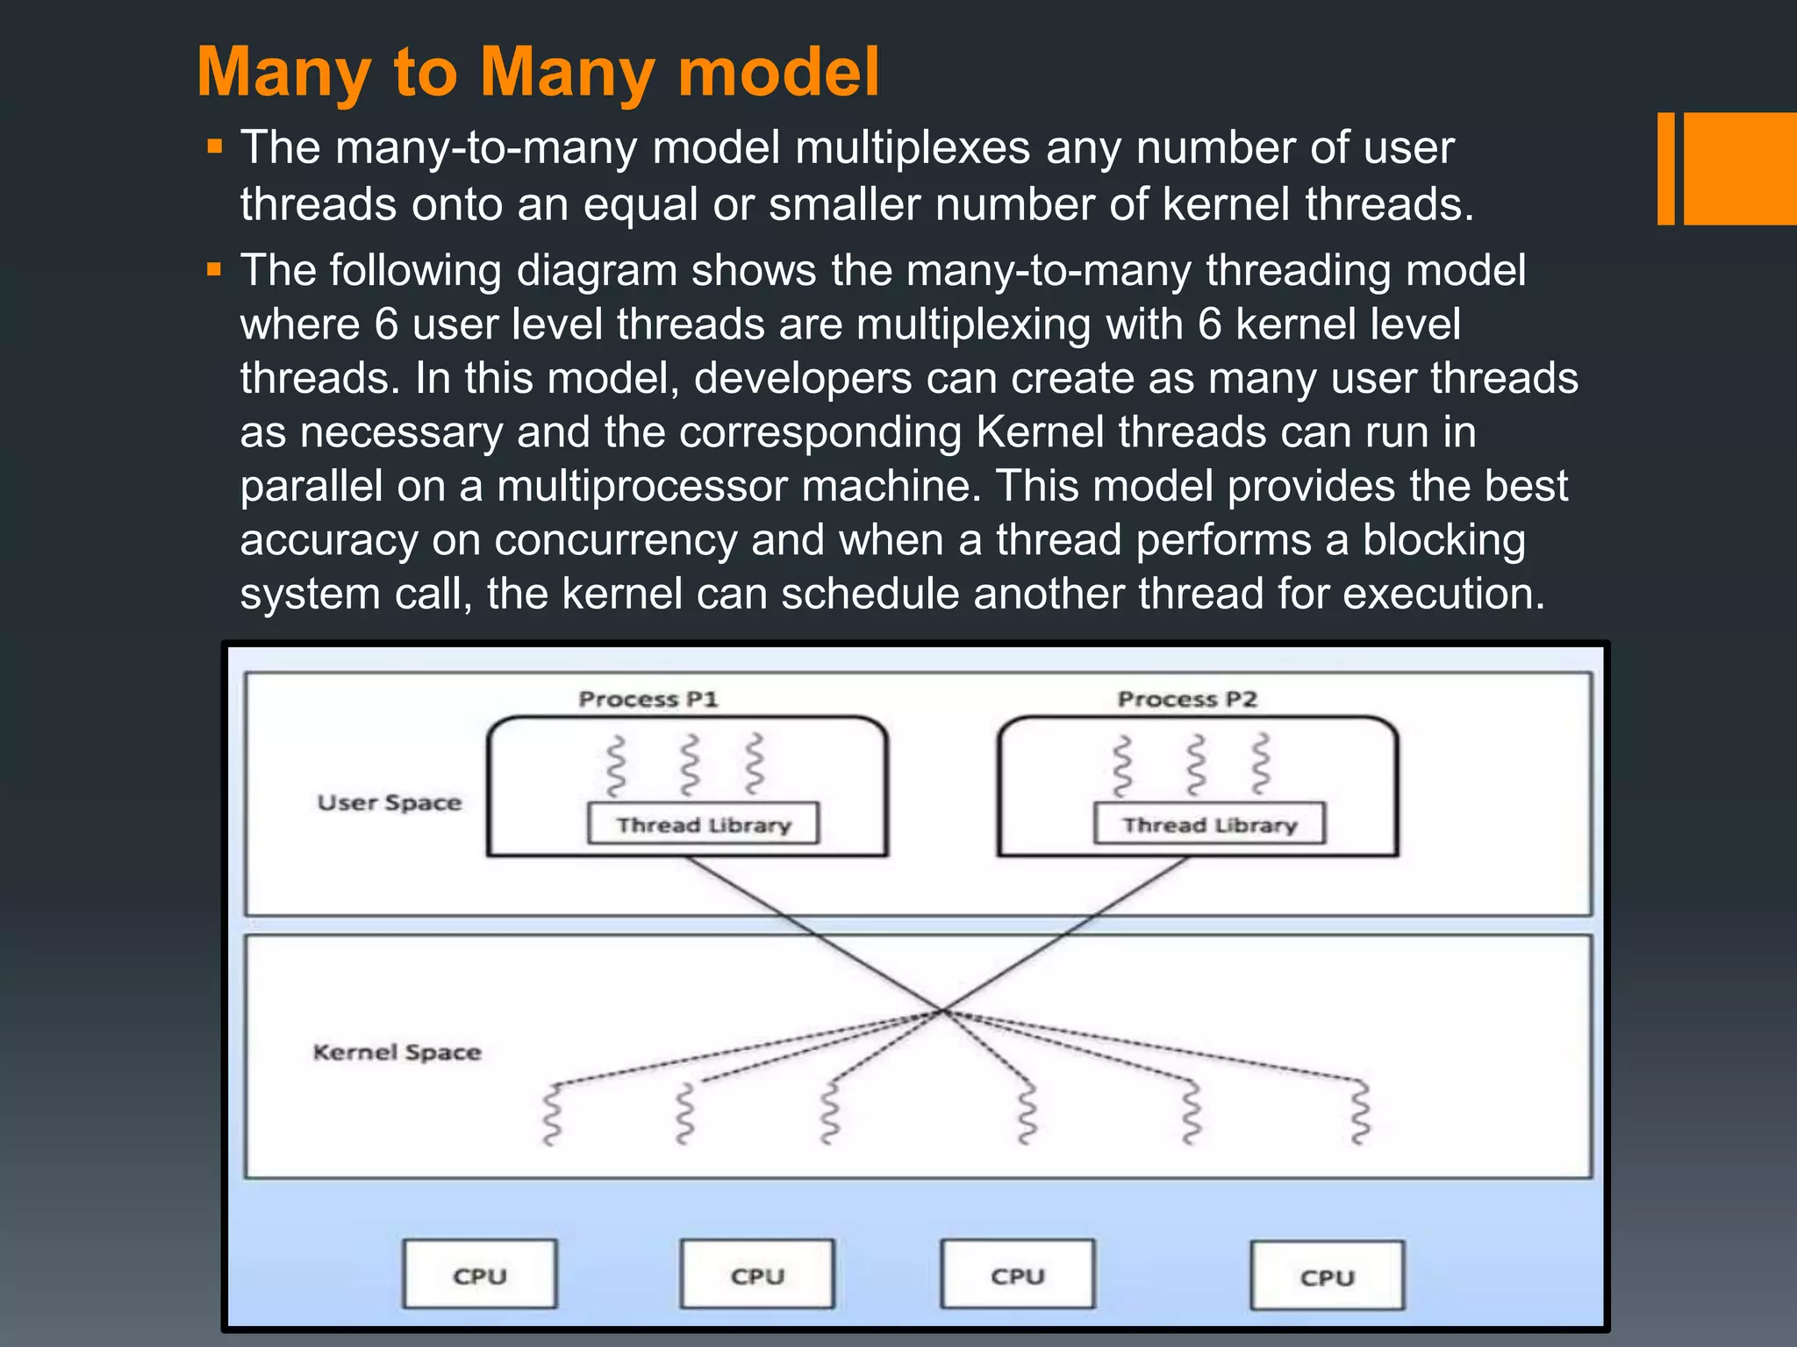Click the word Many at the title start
(283, 72)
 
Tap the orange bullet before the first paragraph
(215, 146)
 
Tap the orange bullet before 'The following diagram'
(215, 269)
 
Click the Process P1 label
(648, 699)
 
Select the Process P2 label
(1187, 699)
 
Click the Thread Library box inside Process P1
(703, 824)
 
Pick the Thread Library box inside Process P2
(1209, 824)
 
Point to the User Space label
(389, 802)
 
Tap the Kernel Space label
(397, 1051)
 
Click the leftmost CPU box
(480, 1275)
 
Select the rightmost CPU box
(1327, 1277)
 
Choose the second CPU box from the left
(757, 1275)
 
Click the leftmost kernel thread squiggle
(552, 1114)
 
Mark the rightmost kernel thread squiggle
(1360, 1112)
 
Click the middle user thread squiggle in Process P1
(691, 765)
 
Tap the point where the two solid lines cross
(941, 1011)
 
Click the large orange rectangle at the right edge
(1740, 168)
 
